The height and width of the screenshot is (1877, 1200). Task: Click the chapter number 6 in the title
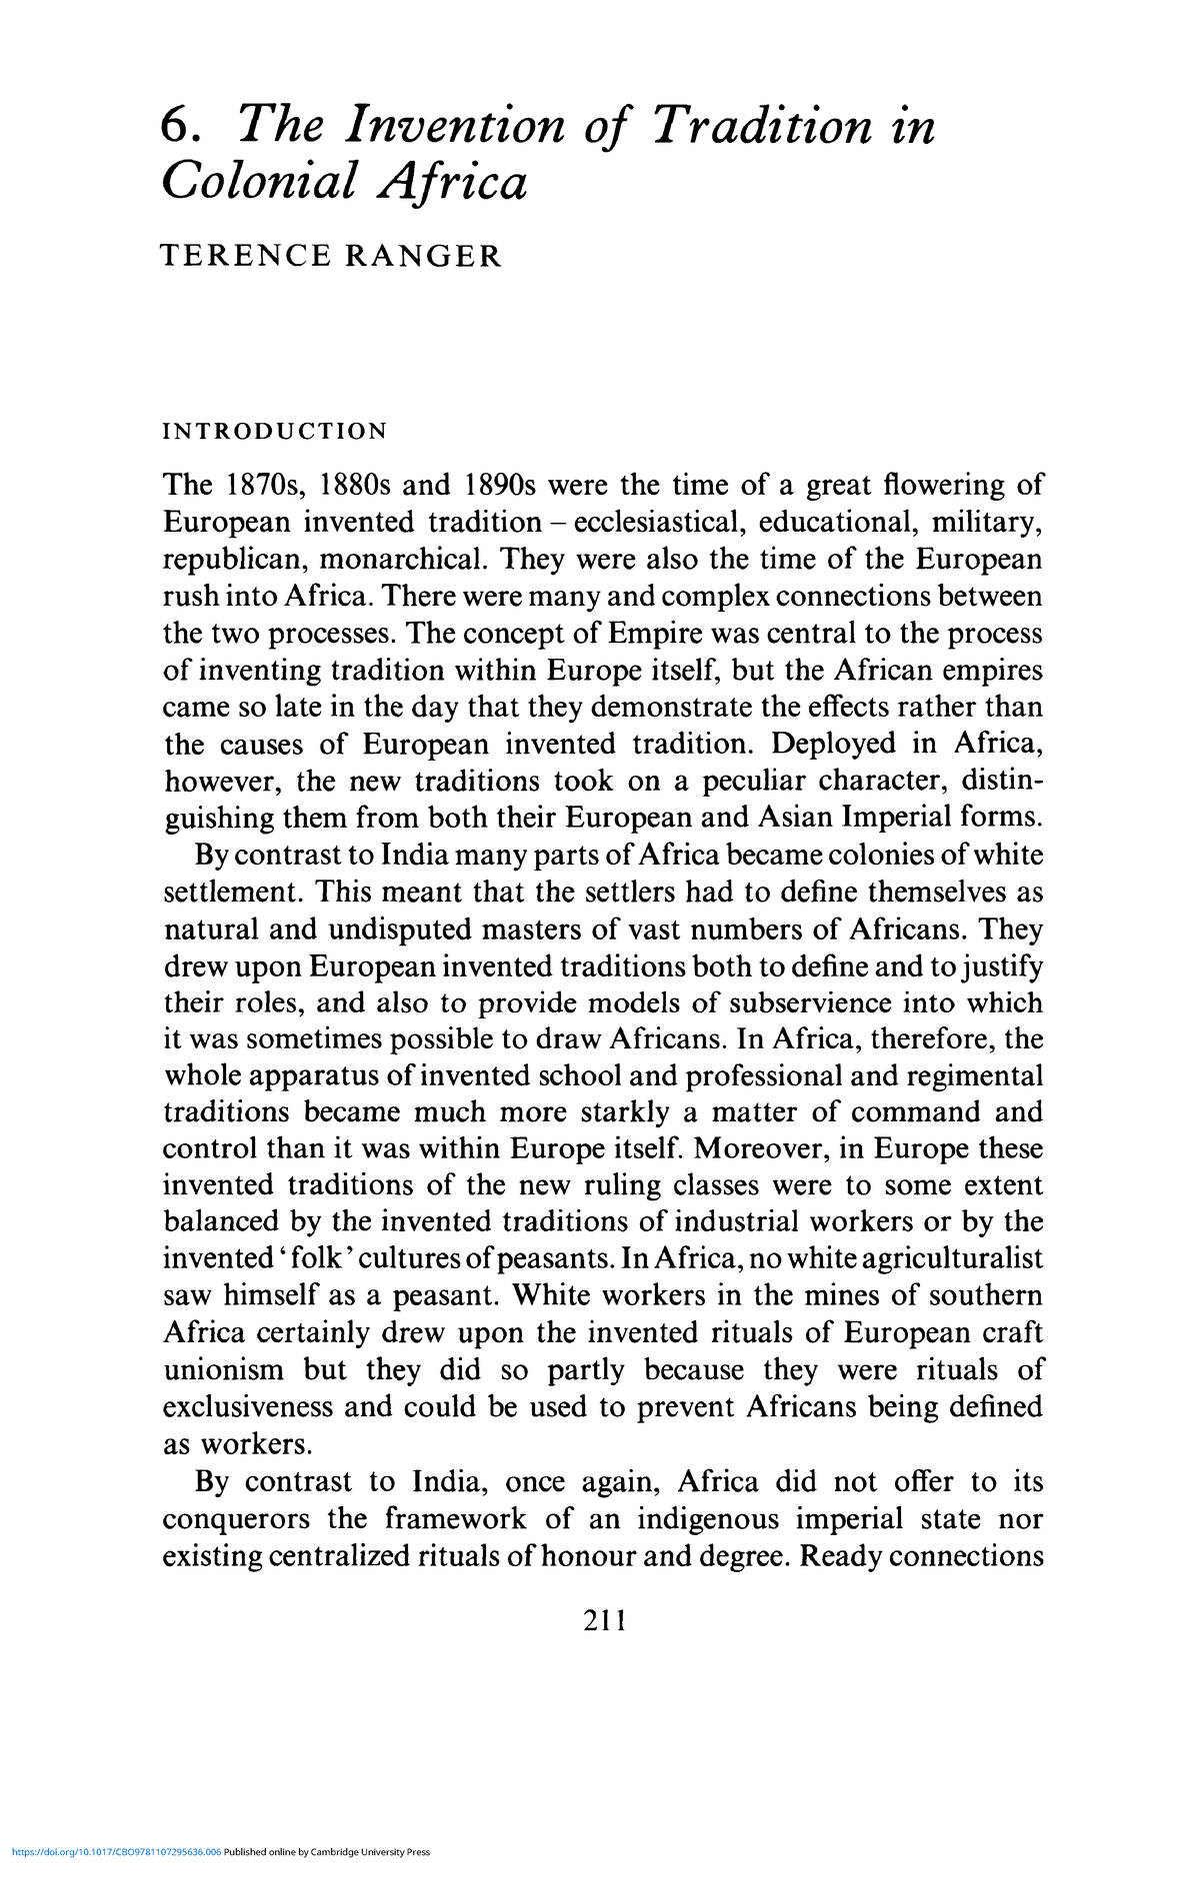tap(175, 129)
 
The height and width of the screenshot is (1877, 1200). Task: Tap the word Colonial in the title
tap(259, 182)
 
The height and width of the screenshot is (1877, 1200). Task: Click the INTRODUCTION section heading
tap(275, 432)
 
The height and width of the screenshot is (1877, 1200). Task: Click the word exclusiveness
tap(248, 1407)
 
